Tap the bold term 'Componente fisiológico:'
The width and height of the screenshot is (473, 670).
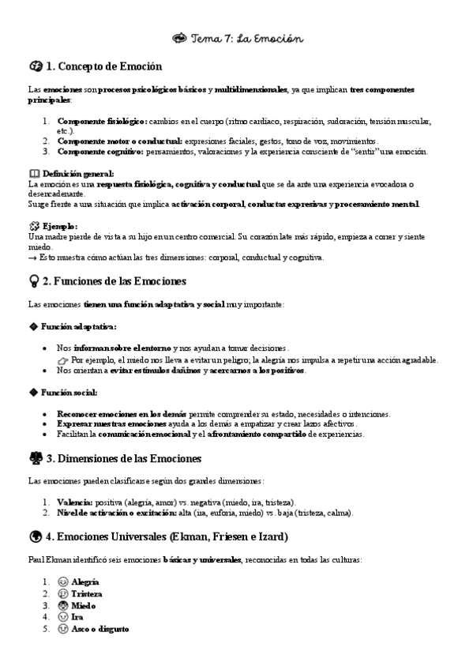point(102,122)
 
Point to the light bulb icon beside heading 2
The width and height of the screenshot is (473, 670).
point(34,280)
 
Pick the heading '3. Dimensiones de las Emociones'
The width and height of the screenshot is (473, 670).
point(123,458)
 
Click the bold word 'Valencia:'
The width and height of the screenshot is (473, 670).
point(75,502)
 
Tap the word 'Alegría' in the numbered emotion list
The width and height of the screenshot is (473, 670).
point(85,582)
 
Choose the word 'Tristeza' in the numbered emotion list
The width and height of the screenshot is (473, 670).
point(87,593)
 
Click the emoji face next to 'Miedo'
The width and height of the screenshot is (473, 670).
point(63,605)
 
